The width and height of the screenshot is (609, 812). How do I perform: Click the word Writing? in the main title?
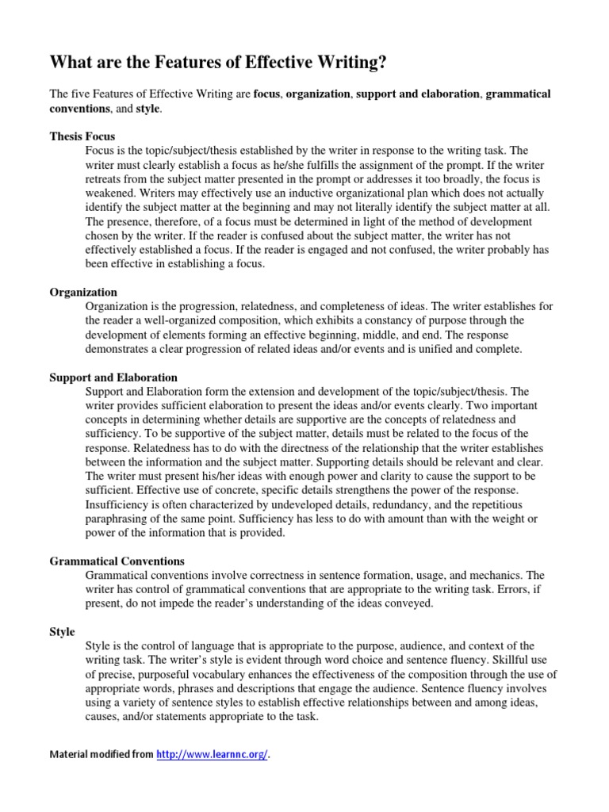[354, 63]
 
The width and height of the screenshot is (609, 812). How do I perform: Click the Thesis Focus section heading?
[82, 136]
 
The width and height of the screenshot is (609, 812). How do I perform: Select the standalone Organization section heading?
[83, 292]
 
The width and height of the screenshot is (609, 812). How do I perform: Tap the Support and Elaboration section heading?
[113, 377]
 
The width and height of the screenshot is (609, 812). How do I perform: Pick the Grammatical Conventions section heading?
[117, 561]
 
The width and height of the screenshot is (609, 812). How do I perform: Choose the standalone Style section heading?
[62, 632]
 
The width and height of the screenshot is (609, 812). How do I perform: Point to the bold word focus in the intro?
[267, 94]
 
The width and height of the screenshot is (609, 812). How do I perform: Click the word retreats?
[105, 178]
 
